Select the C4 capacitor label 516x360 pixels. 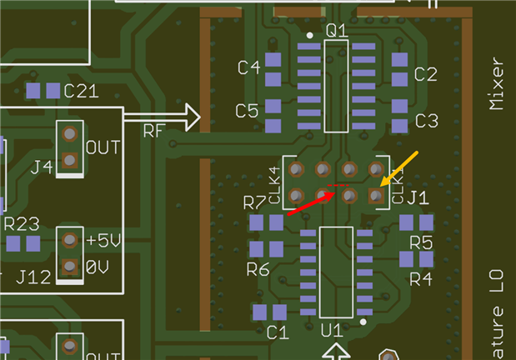click(249, 68)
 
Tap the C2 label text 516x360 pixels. click(425, 74)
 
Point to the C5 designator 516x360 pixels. click(247, 110)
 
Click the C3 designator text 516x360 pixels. click(426, 121)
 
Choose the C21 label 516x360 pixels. click(81, 90)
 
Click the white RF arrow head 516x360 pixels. click(191, 117)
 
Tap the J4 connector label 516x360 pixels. click(42, 167)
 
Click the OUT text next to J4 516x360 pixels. click(103, 147)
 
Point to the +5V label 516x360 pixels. click(103, 242)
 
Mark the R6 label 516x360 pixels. click(258, 269)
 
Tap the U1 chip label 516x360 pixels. click(332, 331)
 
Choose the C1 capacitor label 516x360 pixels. click(278, 332)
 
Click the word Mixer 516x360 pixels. click(498, 84)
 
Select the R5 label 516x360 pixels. click(421, 242)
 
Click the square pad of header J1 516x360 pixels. click(376, 196)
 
